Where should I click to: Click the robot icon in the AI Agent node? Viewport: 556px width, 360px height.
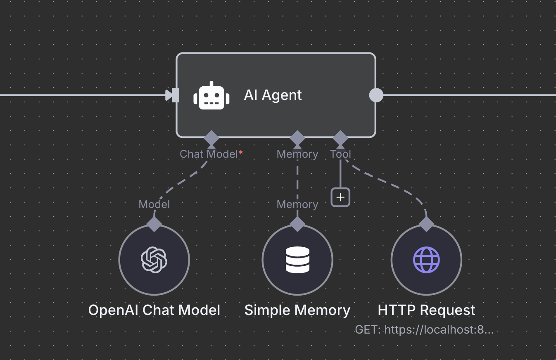(211, 95)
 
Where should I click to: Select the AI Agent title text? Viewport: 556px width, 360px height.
(273, 95)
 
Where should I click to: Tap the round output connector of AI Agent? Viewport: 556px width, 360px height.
(376, 95)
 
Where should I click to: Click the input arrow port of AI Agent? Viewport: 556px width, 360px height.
(172, 95)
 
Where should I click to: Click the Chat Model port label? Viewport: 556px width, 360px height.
(209, 154)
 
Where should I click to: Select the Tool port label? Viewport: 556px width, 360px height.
(340, 154)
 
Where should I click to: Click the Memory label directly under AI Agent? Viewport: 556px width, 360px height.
(297, 154)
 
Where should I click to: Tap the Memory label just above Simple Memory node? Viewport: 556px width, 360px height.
(297, 204)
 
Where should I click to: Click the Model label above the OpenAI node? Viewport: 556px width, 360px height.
(154, 204)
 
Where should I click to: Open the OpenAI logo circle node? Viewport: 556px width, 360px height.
(154, 260)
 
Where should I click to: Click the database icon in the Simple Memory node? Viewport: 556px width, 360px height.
(297, 260)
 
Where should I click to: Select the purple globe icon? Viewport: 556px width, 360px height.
(426, 260)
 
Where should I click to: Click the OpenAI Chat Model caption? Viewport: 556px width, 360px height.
(154, 310)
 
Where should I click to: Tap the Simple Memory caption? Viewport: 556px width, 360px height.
(297, 310)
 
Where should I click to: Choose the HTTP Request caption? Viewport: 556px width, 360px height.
(426, 310)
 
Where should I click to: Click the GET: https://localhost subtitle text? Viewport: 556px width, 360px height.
(424, 330)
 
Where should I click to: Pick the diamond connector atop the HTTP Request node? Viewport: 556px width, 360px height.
(426, 224)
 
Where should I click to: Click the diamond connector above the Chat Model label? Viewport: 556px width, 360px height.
(211, 137)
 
